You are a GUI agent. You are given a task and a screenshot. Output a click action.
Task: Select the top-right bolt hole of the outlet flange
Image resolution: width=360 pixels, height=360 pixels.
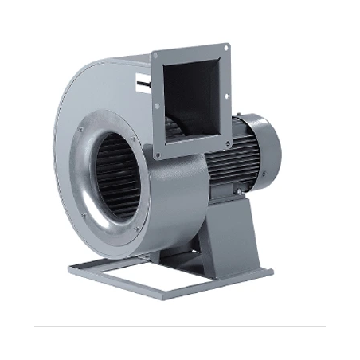pos(225,49)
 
